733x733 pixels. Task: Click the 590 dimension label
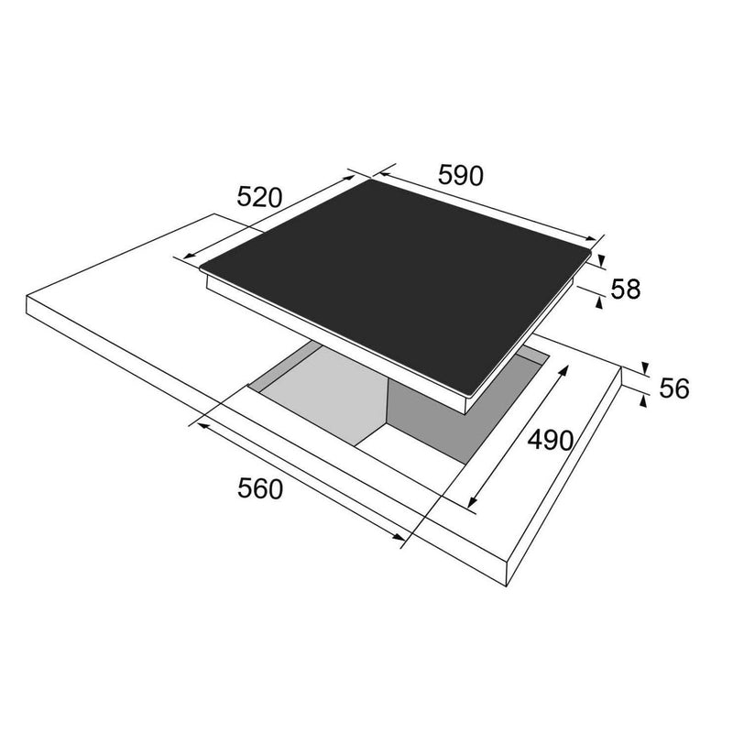461,176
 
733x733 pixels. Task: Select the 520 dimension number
260,197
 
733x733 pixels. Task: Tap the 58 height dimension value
626,289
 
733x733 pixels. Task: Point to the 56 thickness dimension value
674,388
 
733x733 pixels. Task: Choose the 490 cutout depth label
551,440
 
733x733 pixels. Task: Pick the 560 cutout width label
260,489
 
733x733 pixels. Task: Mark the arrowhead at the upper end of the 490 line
563,370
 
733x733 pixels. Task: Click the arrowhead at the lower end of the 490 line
473,502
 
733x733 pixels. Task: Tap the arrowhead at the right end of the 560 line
399,537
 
